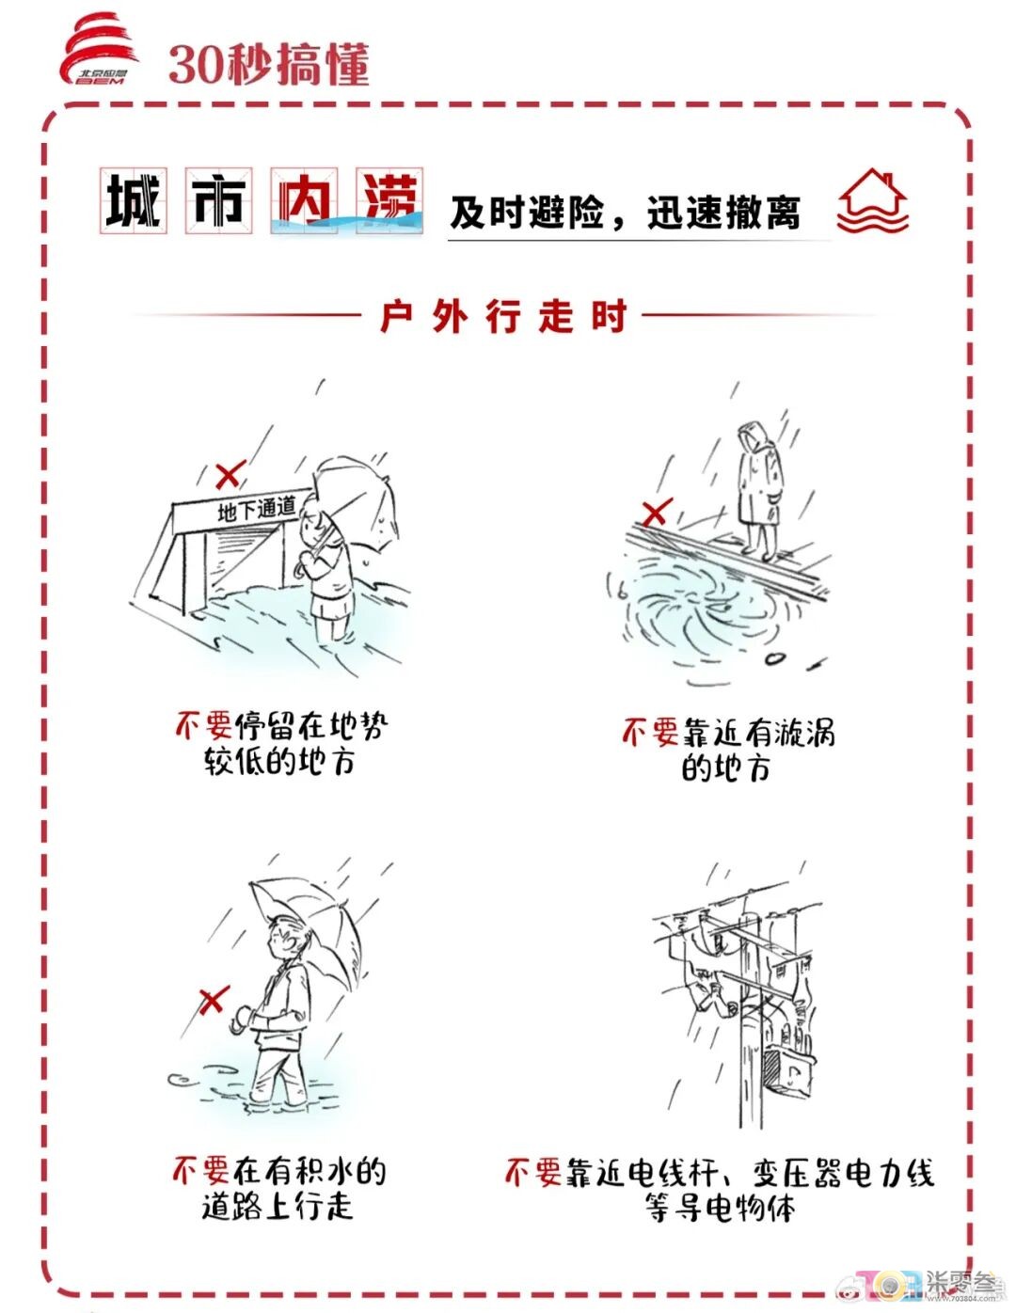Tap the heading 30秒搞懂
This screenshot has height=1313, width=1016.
tap(268, 64)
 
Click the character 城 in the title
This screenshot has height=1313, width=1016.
tap(133, 200)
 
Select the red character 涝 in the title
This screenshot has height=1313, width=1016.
tap(389, 200)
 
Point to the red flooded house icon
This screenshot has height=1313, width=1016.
tap(872, 200)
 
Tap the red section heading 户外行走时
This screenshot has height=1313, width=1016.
tap(503, 315)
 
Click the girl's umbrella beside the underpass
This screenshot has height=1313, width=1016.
tap(357, 503)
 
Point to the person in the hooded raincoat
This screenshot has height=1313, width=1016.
tap(758, 489)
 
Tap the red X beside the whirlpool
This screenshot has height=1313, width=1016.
tap(657, 513)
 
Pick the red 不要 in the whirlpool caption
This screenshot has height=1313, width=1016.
tap(649, 732)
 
